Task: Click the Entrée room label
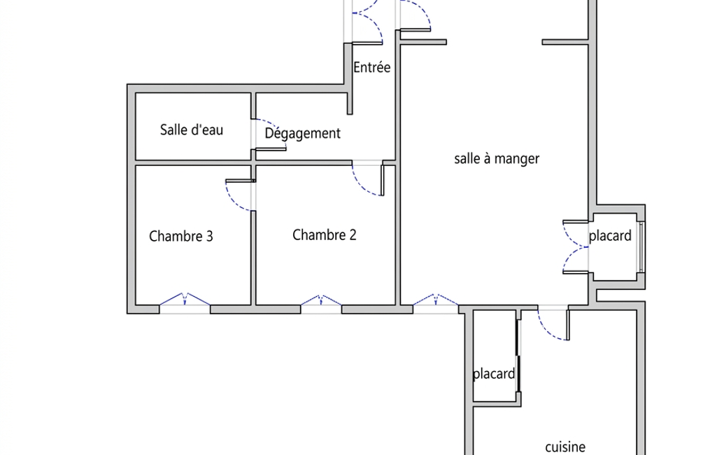371,68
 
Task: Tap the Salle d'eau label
192,129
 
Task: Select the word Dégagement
302,133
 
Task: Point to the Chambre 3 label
181,236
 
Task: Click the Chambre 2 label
324,234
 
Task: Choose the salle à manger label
497,159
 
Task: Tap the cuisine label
565,447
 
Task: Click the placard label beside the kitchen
494,374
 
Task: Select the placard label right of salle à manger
610,235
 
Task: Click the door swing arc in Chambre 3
234,198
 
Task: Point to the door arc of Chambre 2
364,185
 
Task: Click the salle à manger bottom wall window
436,303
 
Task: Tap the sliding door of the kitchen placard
518,357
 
